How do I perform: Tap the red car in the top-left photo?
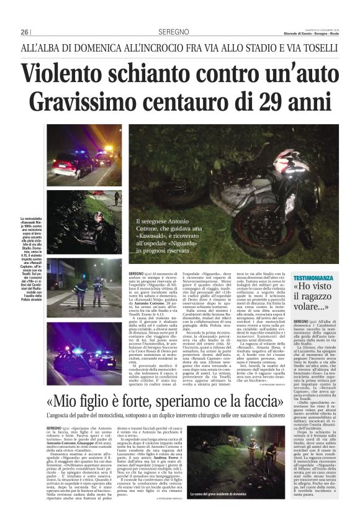click(73, 165)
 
